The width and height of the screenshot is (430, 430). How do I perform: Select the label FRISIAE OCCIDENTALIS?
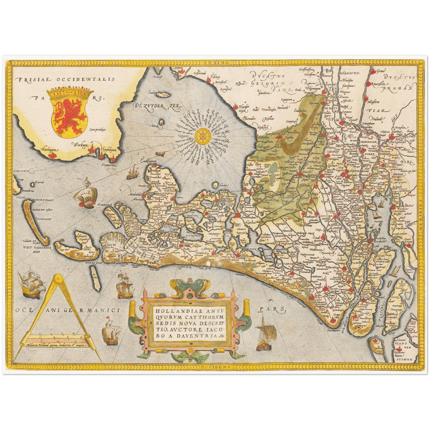65,79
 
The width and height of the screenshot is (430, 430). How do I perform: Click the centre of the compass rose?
203,137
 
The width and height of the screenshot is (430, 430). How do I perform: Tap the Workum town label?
80,145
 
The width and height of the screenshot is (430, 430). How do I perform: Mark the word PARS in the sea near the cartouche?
272,309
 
